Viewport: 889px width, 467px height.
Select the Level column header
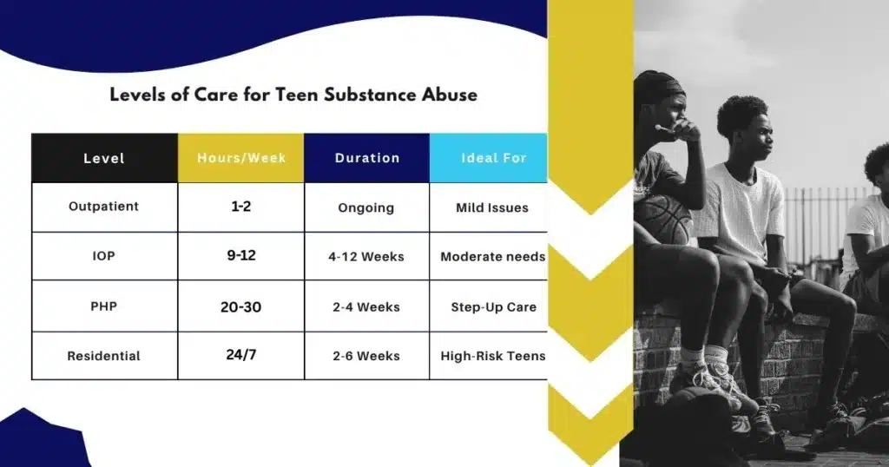[x=104, y=158]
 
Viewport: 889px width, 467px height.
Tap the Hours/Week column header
[x=241, y=158]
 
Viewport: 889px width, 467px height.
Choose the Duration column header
[x=367, y=158]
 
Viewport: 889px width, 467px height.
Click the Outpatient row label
[x=104, y=207]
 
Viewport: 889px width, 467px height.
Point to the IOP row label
[x=104, y=255]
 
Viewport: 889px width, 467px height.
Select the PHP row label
[x=104, y=306]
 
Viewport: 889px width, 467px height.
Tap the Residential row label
[x=104, y=356]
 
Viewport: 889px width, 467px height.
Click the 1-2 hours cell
[x=241, y=207]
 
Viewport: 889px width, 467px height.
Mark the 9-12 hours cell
[x=241, y=255]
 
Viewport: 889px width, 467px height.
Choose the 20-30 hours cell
[x=241, y=307]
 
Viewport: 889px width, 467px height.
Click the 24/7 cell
[x=241, y=355]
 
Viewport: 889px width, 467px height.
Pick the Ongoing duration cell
[x=366, y=208]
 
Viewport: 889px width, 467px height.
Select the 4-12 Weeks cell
[x=366, y=257]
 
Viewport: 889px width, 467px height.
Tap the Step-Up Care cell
[x=493, y=307]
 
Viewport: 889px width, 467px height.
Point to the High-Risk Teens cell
[x=493, y=356]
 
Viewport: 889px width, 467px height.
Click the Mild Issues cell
[x=492, y=208]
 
